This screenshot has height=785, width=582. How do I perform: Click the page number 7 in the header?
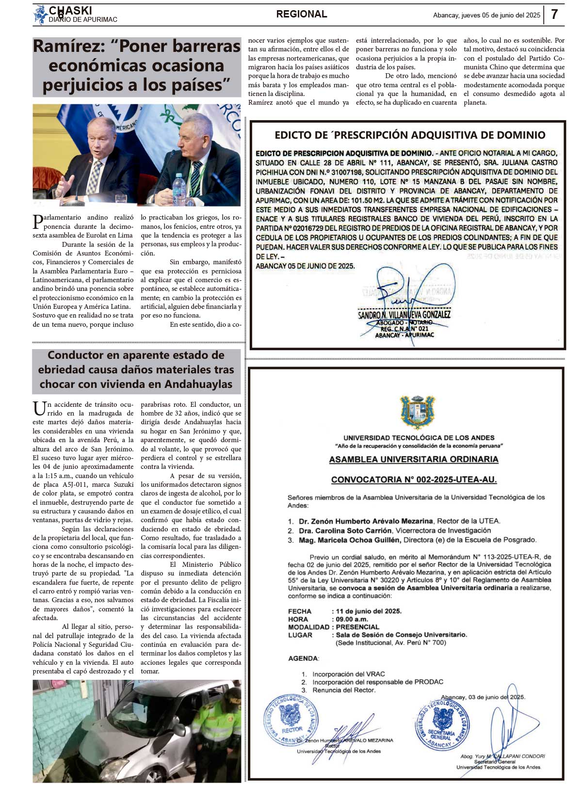pos(555,15)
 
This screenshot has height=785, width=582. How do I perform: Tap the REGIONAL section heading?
pos(302,15)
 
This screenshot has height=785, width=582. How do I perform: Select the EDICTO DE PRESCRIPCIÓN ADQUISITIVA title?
pos(410,135)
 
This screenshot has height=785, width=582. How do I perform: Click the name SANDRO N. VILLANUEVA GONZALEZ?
pos(404,315)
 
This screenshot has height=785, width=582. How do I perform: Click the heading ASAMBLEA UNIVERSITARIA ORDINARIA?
pos(414,459)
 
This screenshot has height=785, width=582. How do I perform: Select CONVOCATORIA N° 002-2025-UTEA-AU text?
pos(414,480)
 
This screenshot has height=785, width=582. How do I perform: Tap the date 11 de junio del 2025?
pos(369,611)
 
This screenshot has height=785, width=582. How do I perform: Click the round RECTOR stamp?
pos(291,719)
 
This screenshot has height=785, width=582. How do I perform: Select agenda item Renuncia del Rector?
pos(343,690)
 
